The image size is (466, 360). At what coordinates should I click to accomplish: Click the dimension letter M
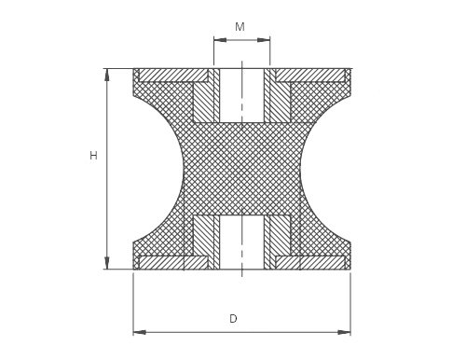coord(240,27)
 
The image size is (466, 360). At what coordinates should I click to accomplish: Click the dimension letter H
coord(93,156)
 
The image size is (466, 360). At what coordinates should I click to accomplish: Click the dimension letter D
coord(233,319)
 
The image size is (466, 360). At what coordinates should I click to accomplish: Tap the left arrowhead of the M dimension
coord(220,40)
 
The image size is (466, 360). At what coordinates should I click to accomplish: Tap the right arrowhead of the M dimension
coord(264,40)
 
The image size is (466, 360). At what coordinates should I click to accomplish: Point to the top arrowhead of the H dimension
coord(107,75)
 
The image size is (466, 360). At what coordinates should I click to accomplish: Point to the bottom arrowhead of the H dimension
coord(107,263)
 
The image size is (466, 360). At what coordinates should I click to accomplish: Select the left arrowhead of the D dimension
coord(140,332)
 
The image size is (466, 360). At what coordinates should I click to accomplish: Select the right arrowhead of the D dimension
coord(345,332)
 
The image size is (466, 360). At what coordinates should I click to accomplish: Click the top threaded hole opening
coord(241,95)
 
